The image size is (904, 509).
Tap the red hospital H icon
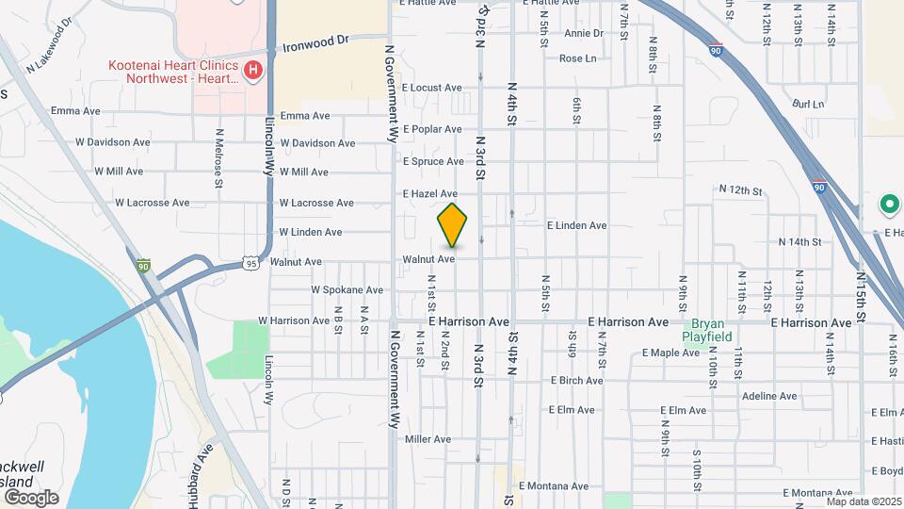click(x=252, y=71)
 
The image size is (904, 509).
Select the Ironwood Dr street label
click(x=315, y=42)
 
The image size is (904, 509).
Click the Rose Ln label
click(x=578, y=58)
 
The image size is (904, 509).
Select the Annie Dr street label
click(x=584, y=33)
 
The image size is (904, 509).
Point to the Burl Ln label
click(x=808, y=104)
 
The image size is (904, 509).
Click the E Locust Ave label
click(x=432, y=88)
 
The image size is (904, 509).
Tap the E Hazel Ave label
click(x=429, y=193)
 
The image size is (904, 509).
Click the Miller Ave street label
click(x=428, y=439)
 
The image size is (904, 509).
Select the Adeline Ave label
click(x=769, y=397)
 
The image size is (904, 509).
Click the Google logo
click(x=31, y=497)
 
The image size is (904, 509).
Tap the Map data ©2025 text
click(x=864, y=501)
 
